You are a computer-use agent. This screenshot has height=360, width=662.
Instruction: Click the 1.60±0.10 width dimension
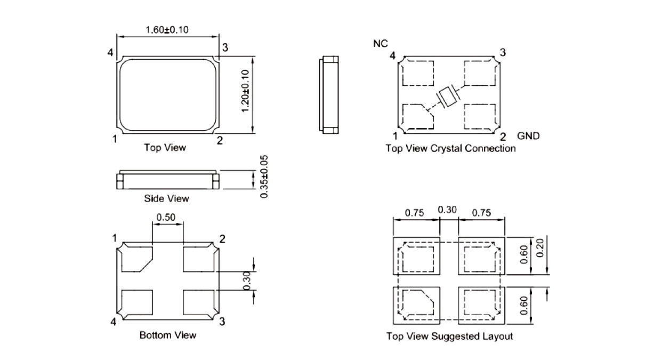[x=167, y=30]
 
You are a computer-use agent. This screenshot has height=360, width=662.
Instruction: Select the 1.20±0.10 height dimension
[x=245, y=91]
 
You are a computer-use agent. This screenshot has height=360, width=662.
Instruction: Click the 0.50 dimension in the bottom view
[x=168, y=218]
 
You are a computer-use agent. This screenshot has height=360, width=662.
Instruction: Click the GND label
[x=528, y=136]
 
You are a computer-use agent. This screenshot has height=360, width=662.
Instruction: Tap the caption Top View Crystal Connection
[x=450, y=149]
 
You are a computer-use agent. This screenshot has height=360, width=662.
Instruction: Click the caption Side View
[x=166, y=199]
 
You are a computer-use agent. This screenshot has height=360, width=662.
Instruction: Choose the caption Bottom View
[x=167, y=335]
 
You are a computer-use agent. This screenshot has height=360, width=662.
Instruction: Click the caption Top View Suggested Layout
[x=449, y=337]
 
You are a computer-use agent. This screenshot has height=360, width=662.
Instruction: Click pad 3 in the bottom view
[x=198, y=303]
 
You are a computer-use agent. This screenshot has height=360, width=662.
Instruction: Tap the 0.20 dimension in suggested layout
[x=540, y=248]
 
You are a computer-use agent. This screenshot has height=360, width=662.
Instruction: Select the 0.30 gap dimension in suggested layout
[x=448, y=210]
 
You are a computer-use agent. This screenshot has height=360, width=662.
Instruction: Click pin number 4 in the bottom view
[x=113, y=322]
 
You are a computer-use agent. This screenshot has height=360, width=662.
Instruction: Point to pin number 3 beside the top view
[x=225, y=47]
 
